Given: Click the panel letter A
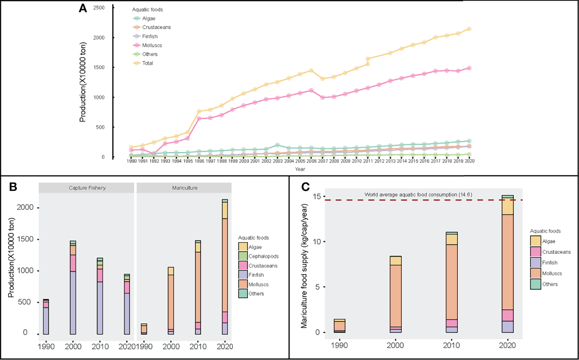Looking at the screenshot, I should (x=83, y=8).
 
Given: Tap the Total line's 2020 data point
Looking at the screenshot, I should (x=469, y=29).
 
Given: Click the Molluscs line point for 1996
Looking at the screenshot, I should (x=199, y=119).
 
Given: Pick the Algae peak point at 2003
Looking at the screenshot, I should (x=277, y=145).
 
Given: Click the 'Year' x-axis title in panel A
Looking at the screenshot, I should (x=300, y=169).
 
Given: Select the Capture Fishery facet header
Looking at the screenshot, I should (x=87, y=188).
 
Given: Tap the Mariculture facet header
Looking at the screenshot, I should (x=185, y=188).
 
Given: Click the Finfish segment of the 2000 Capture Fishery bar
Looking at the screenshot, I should (x=73, y=302).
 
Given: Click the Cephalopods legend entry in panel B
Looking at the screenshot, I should (x=263, y=257).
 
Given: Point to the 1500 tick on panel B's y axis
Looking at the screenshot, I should (x=24, y=239).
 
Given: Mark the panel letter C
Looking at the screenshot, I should (x=305, y=187).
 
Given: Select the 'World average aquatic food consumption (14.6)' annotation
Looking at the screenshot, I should (x=418, y=195).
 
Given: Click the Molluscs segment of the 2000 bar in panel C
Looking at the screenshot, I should (x=396, y=295).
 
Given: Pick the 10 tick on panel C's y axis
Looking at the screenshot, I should (x=316, y=242).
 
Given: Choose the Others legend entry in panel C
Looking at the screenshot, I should (x=550, y=284).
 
